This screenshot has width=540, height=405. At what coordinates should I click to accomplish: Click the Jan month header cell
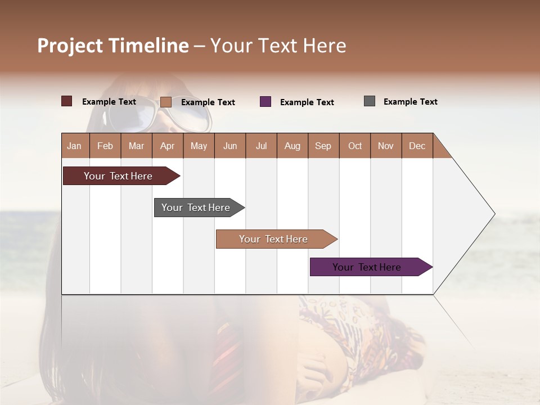pyautogui.click(x=75, y=146)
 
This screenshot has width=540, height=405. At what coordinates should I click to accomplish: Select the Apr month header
pyautogui.click(x=167, y=146)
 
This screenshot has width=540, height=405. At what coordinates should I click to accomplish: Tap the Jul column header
pyautogui.click(x=261, y=146)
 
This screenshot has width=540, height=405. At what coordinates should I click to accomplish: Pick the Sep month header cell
pyautogui.click(x=323, y=146)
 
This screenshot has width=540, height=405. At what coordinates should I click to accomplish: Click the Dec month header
pyautogui.click(x=417, y=146)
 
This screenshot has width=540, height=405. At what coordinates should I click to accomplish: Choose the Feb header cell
pyautogui.click(x=105, y=146)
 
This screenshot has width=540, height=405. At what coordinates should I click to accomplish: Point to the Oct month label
pyautogui.click(x=355, y=146)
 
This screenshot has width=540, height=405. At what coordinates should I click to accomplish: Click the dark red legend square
pyautogui.click(x=67, y=101)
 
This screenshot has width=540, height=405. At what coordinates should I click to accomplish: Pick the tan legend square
pyautogui.click(x=166, y=102)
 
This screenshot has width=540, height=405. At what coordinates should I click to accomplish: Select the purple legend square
pyautogui.click(x=265, y=101)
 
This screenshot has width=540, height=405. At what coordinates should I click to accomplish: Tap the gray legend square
pyautogui.click(x=370, y=101)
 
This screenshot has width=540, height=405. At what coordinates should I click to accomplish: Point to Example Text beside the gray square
pyautogui.click(x=410, y=101)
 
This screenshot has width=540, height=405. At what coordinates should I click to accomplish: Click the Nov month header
pyautogui.click(x=386, y=146)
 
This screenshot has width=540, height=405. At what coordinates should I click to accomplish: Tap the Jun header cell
pyautogui.click(x=230, y=146)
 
